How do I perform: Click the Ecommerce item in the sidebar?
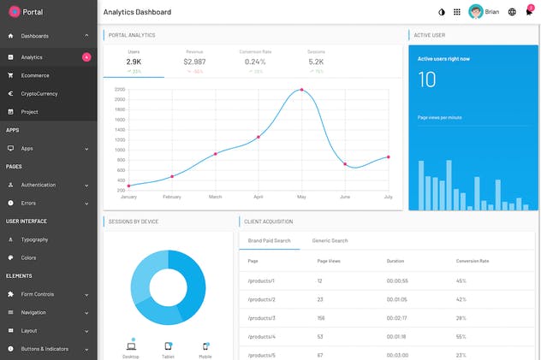click(35, 75)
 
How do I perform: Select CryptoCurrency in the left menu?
click(40, 93)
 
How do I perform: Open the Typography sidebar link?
click(34, 239)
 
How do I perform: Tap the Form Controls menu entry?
click(37, 294)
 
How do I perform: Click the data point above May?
click(301, 89)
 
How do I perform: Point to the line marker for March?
click(215, 154)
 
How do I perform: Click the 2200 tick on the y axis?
click(120, 89)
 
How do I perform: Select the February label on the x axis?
click(172, 197)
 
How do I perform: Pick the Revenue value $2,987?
click(194, 62)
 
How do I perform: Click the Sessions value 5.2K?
click(316, 62)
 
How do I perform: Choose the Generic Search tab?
click(330, 241)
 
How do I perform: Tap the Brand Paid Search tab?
click(269, 241)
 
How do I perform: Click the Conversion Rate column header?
click(473, 261)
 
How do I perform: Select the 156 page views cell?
click(322, 317)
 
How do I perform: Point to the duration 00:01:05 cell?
click(397, 299)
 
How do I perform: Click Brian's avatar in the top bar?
click(475, 12)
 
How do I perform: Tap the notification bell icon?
click(529, 12)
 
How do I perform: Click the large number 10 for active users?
click(427, 80)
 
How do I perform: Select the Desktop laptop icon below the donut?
click(131, 346)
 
